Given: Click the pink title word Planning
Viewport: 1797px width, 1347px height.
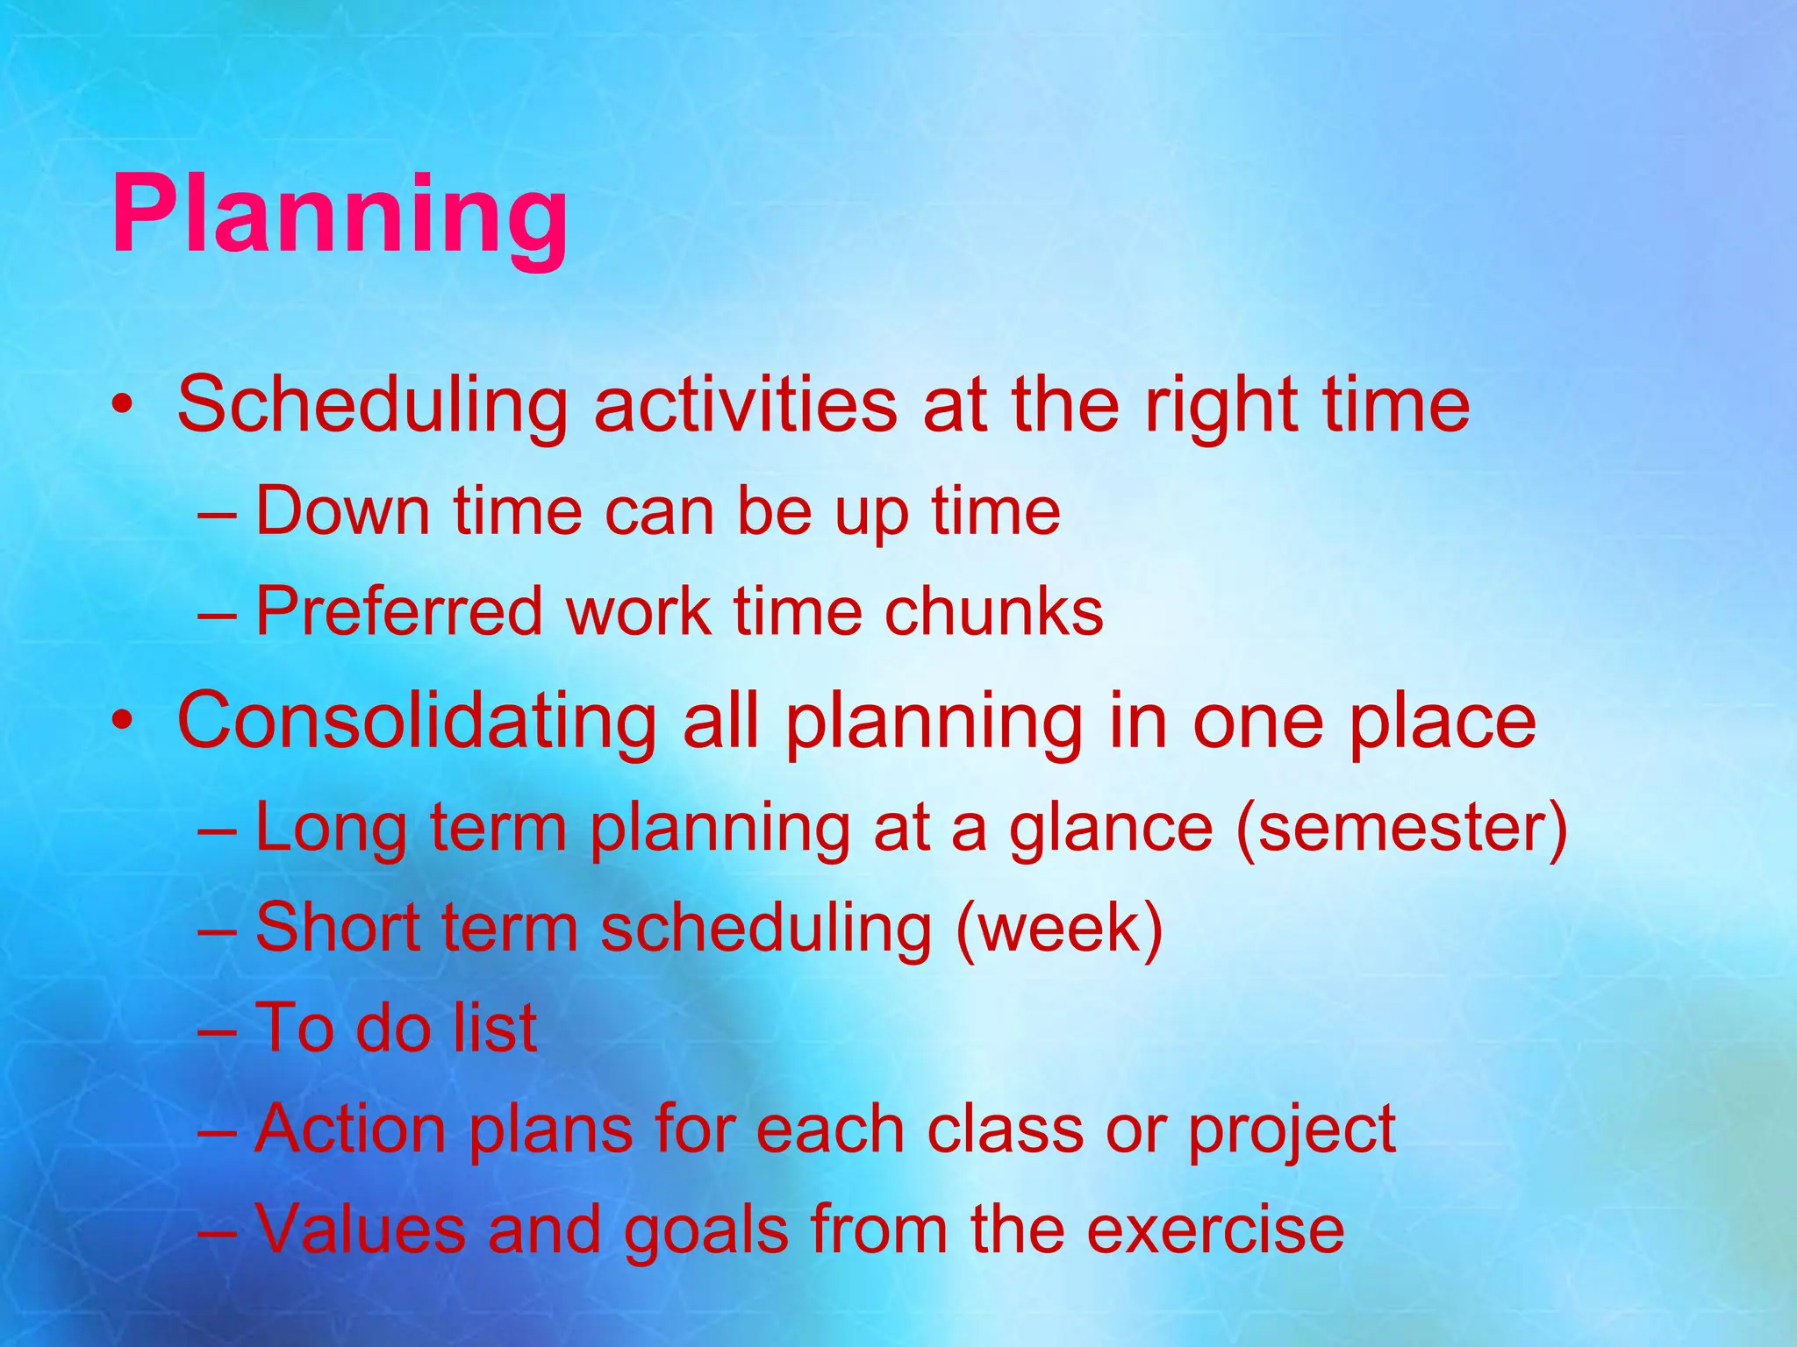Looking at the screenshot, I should point(340,216).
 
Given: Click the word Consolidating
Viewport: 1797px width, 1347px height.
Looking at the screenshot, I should point(417,723).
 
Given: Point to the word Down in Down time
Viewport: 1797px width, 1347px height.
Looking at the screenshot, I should point(343,511).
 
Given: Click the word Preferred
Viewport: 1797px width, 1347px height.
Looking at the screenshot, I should point(399,611).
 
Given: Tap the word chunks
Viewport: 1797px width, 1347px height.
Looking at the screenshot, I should point(993,611).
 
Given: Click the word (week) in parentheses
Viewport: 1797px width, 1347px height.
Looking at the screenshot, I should point(1059,928).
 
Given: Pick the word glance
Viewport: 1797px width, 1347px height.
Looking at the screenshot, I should point(1111,830).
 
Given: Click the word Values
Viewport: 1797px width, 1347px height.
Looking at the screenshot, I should point(360,1229).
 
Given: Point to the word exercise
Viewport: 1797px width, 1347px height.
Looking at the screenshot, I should point(1215,1229).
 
